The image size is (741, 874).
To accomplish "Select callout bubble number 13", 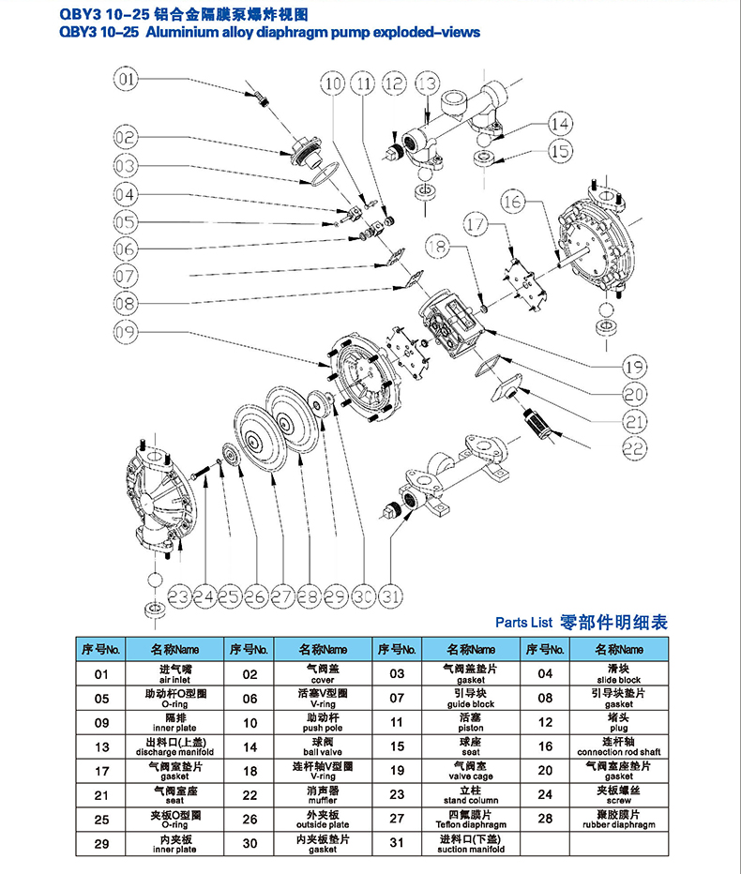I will [427, 83].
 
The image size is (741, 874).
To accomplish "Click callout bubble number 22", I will [634, 448].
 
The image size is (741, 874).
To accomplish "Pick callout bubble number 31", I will [392, 595].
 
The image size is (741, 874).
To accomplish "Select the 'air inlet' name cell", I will [174, 673].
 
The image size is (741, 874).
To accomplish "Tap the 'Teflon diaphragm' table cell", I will [471, 820].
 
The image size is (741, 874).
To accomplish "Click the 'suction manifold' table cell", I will [471, 844].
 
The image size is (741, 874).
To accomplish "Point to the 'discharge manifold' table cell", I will [174, 746].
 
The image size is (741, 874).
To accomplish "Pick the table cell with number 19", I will [397, 771].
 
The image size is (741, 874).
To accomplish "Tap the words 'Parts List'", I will [523, 623].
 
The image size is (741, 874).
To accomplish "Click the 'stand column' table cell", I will [471, 795].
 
